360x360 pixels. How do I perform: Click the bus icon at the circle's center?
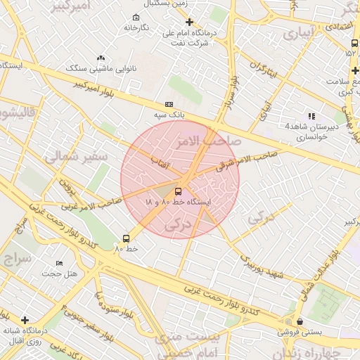pyautogui.click(x=179, y=191)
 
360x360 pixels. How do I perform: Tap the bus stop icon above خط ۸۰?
pyautogui.click(x=126, y=238)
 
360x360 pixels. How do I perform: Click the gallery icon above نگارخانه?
pyautogui.click(x=136, y=18)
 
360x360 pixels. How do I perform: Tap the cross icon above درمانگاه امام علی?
pyautogui.click(x=189, y=22)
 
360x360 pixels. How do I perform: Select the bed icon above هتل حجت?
pyautogui.click(x=59, y=263)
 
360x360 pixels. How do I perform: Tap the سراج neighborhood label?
pyautogui.click(x=15, y=258)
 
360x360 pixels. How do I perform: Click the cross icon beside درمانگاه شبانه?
pyautogui.click(x=25, y=320)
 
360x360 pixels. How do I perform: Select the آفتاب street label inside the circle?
pyautogui.click(x=165, y=161)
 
